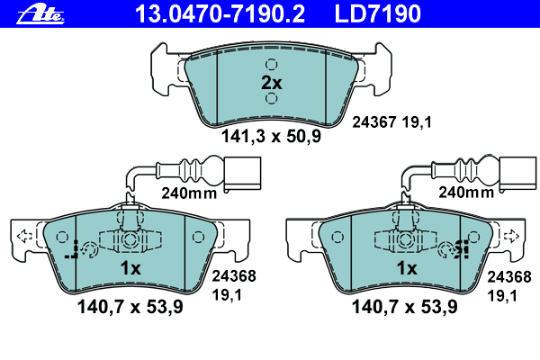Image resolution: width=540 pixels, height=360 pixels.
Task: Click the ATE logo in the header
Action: coord(40,14)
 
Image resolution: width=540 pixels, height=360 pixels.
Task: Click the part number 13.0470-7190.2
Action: coord(220,14)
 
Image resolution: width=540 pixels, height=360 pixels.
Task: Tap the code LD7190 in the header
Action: coord(377,14)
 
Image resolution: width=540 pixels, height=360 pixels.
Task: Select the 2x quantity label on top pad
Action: coord(272,83)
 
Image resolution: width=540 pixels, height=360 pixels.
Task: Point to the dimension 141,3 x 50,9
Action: coord(272,136)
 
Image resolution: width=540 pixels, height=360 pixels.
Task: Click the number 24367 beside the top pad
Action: coord(373,122)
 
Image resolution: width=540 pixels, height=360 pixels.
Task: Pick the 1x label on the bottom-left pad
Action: coord(130,267)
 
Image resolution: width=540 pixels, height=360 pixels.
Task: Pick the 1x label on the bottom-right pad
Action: coord(407,267)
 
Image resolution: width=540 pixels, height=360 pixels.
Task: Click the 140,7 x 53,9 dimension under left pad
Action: coord(130,307)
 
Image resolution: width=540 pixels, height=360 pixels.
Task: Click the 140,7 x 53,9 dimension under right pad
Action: coord(404,307)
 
